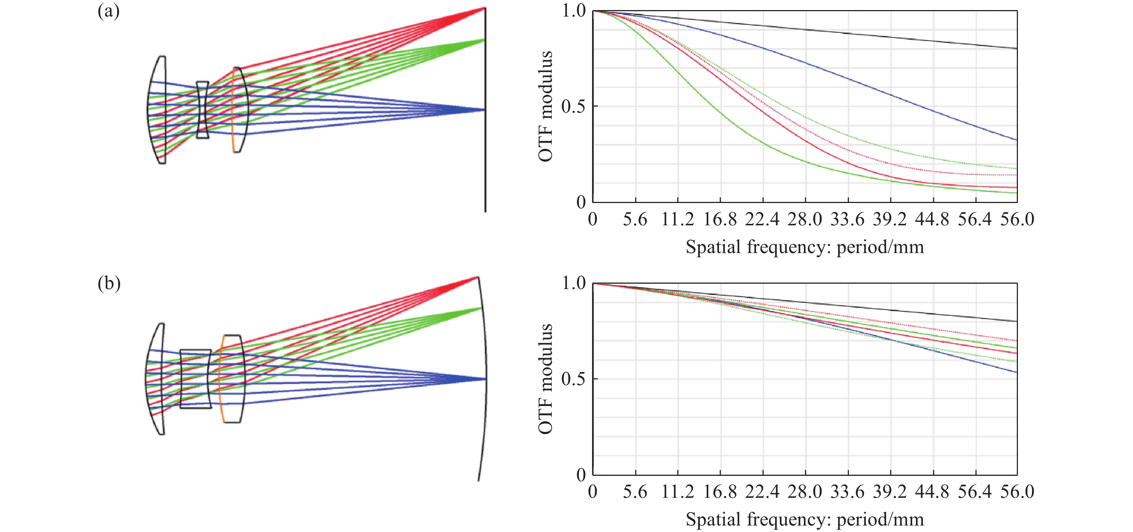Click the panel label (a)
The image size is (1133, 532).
point(108,11)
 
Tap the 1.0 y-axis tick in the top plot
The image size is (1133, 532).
point(574,10)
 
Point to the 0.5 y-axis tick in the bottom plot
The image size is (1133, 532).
point(574,379)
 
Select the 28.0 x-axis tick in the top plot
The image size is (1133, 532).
point(805,219)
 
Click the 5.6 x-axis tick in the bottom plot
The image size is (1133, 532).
point(635,492)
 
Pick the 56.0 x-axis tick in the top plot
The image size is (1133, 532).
point(1017,219)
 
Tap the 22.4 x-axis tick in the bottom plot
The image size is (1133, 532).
point(762,492)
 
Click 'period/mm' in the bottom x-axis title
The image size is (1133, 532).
point(880,520)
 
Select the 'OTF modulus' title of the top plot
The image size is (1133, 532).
point(545,106)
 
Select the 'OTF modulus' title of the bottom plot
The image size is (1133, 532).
point(545,379)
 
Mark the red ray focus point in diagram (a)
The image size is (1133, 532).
point(484,8)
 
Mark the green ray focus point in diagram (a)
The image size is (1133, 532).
point(484,40)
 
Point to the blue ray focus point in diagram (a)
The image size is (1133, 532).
point(484,109)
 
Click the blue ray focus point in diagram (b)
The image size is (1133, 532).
point(485,379)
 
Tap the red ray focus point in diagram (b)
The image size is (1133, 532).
point(478,277)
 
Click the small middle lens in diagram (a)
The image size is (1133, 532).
point(202,109)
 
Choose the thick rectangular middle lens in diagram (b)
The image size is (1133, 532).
point(195,379)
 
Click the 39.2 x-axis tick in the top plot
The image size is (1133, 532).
point(889,219)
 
